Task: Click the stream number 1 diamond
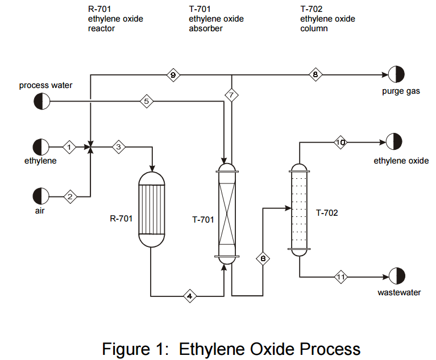[69, 147]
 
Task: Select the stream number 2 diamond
[70, 196]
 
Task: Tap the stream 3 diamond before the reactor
[119, 147]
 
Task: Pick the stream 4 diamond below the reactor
[190, 296]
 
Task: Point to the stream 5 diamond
[146, 102]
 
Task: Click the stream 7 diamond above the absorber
[231, 95]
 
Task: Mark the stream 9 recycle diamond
[173, 75]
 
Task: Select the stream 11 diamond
[341, 277]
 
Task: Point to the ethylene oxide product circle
[394, 142]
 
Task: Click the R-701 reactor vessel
[152, 210]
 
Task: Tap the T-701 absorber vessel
[226, 212]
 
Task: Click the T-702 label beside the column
[327, 214]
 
